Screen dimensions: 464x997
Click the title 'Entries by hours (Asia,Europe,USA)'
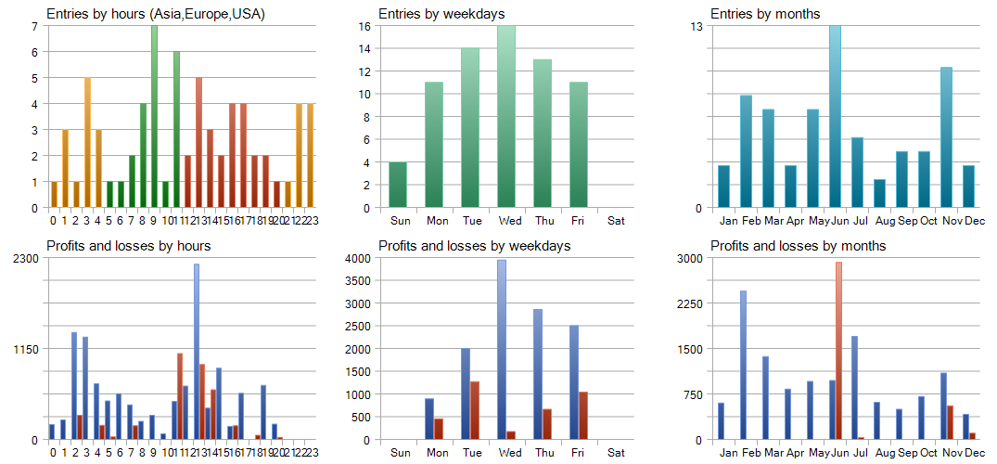(x=156, y=14)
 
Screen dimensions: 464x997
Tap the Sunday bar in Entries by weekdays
(x=398, y=185)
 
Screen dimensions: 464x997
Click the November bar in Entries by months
(x=946, y=137)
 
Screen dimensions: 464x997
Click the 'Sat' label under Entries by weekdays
(x=616, y=221)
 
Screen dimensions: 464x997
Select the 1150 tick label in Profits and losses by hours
(x=26, y=349)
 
